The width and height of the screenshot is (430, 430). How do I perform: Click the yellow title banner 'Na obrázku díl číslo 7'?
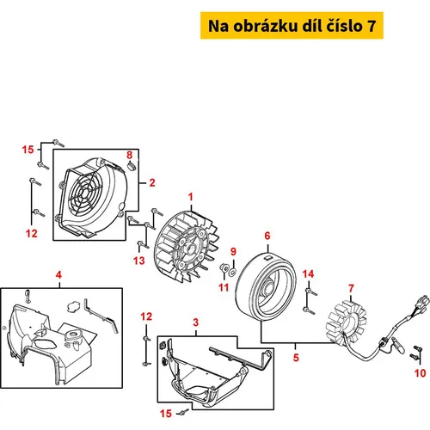tap(292, 26)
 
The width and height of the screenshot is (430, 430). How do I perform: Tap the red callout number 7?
tap(351, 289)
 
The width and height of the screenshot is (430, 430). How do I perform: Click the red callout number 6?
tap(267, 236)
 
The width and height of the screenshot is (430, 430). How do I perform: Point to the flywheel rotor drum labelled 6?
tap(266, 286)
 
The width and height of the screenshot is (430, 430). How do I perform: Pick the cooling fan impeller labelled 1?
tap(187, 246)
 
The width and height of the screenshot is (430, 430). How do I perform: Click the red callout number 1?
tap(191, 197)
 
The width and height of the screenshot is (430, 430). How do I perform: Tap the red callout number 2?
tap(152, 182)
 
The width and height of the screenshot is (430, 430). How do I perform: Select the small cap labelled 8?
tap(132, 166)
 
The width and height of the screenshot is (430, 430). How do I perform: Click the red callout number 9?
tap(233, 251)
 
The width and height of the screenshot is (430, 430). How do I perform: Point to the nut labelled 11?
tap(224, 268)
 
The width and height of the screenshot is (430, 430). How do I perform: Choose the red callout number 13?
tap(139, 261)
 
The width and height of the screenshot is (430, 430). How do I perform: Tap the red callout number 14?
tap(308, 274)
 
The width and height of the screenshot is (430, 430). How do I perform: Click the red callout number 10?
tap(420, 373)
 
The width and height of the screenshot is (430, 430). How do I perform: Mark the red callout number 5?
tap(296, 358)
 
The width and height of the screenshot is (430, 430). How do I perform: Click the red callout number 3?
tap(195, 322)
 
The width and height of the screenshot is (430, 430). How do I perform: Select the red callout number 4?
tap(58, 275)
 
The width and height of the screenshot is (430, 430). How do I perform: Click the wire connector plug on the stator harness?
tap(422, 303)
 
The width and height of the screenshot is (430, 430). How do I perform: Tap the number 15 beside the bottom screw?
tap(166, 414)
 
